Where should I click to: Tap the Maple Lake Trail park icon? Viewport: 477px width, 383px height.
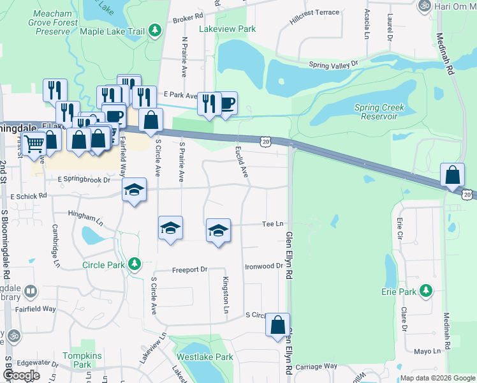154,30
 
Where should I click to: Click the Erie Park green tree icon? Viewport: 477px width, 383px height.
426,292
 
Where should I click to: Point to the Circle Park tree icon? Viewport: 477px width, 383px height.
134,264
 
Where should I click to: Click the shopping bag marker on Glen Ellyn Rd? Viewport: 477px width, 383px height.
278,324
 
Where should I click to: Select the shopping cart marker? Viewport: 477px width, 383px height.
33,144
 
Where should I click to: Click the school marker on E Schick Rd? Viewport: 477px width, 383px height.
134,190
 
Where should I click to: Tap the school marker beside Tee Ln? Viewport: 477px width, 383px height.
218,230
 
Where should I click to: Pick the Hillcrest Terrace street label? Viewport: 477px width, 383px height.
314,13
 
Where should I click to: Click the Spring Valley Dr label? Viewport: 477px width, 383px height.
334,64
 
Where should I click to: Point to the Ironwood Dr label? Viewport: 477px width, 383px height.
263,266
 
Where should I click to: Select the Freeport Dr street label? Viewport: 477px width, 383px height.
190,270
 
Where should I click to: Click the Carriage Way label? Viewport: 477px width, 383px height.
316,366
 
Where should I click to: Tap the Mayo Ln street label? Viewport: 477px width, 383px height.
427,351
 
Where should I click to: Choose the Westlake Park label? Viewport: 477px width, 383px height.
205,357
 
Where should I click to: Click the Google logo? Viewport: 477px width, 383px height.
21,375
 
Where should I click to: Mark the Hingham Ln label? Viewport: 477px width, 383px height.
84,215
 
